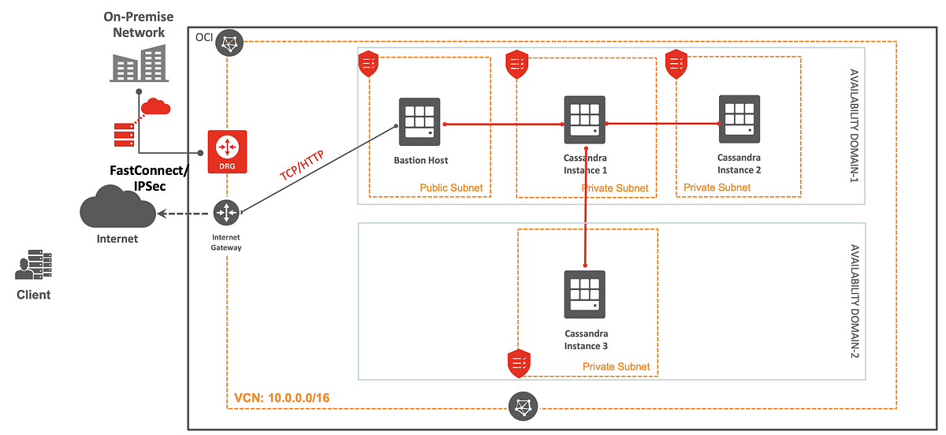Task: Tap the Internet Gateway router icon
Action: click(226, 213)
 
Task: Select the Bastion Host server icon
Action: click(420, 121)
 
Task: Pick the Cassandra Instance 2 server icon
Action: click(739, 120)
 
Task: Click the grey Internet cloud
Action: click(117, 207)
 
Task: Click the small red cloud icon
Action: click(156, 105)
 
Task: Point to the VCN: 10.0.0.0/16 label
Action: click(281, 398)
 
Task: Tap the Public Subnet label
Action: click(451, 188)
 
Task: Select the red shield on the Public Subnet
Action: click(370, 64)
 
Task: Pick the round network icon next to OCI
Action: click(229, 43)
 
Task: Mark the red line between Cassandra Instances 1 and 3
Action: click(585, 205)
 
